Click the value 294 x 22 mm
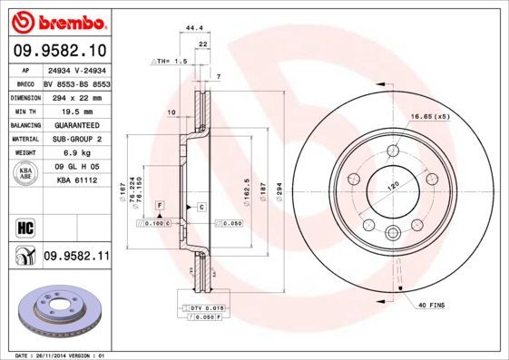click(x=76, y=95)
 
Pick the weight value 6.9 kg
click(x=76, y=153)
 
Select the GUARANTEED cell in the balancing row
click(x=76, y=124)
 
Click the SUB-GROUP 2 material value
click(x=76, y=139)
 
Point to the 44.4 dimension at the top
click(x=192, y=29)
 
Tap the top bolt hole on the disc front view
click(x=393, y=151)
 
